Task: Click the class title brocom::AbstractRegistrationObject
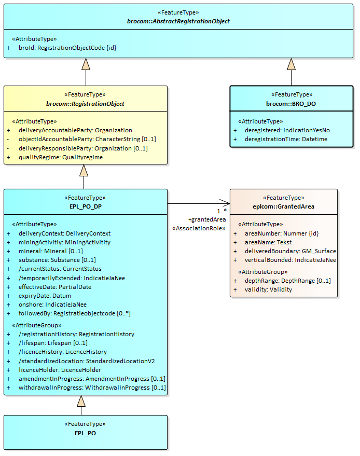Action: (x=178, y=21)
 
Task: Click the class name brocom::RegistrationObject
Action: (x=85, y=104)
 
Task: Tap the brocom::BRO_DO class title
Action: (x=290, y=104)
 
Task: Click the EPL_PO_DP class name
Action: (x=85, y=206)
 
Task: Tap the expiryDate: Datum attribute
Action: (x=45, y=296)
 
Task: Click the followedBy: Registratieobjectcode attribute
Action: (x=74, y=313)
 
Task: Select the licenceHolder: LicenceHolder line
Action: (x=60, y=370)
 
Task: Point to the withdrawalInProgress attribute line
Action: (x=92, y=388)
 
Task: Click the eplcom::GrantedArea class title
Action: (x=284, y=206)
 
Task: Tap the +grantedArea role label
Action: (x=207, y=219)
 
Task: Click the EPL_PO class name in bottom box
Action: (x=85, y=433)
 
